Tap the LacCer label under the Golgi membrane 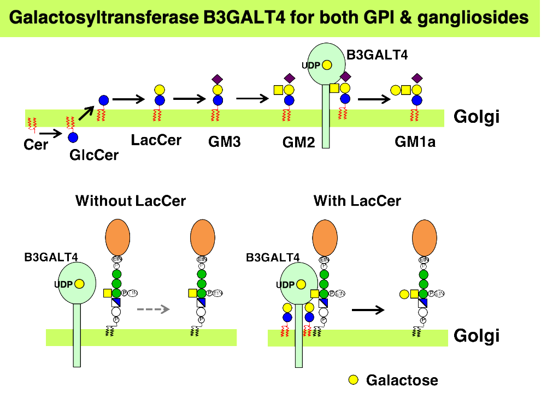click(x=156, y=140)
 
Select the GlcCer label click(x=94, y=155)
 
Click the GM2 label click(x=299, y=143)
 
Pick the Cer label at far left click(x=36, y=145)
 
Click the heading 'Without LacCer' click(x=131, y=201)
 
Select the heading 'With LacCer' click(x=357, y=201)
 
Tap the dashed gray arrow click(x=154, y=309)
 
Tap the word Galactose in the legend click(x=402, y=380)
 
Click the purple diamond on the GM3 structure click(x=217, y=79)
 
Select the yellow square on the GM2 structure click(x=278, y=90)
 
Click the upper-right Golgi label click(x=477, y=117)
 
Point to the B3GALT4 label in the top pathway click(x=378, y=55)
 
